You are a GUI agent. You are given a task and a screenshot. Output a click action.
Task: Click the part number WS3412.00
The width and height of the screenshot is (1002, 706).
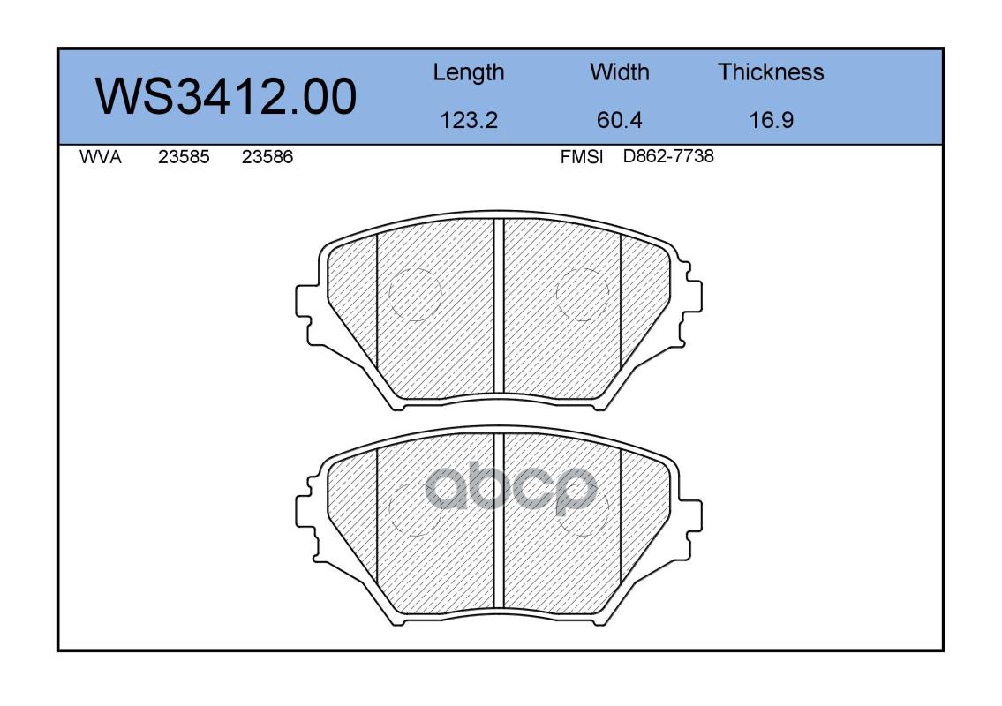tap(226, 96)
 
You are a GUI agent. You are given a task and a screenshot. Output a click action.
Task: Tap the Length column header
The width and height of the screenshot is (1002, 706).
tap(469, 73)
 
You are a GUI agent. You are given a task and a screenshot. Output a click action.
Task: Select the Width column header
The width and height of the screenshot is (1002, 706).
tap(619, 71)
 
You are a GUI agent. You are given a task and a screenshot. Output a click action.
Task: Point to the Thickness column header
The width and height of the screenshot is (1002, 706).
tap(771, 71)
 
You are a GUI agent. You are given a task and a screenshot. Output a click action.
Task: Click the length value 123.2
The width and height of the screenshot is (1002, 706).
tap(469, 120)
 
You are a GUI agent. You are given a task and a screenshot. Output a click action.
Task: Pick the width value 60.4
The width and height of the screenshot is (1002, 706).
tap(619, 120)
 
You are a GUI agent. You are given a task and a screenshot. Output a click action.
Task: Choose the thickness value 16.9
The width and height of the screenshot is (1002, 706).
tap(772, 120)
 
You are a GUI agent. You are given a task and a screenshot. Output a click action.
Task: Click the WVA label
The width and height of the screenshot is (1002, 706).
tap(101, 157)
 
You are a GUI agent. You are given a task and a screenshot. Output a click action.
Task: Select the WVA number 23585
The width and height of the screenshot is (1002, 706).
tap(184, 157)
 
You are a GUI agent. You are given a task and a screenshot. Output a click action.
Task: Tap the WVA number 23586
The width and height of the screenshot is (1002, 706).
tap(267, 157)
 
